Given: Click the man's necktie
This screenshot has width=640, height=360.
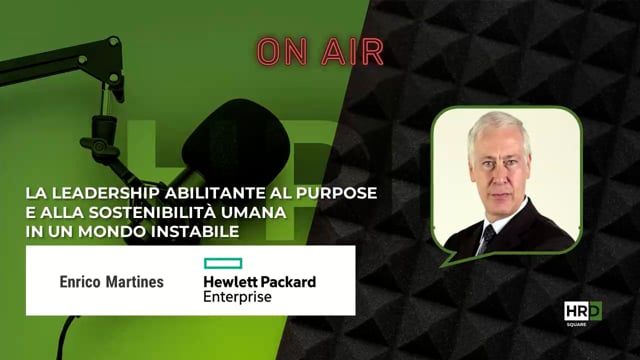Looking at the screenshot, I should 487,238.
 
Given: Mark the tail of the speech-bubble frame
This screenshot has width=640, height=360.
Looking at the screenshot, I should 453,258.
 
